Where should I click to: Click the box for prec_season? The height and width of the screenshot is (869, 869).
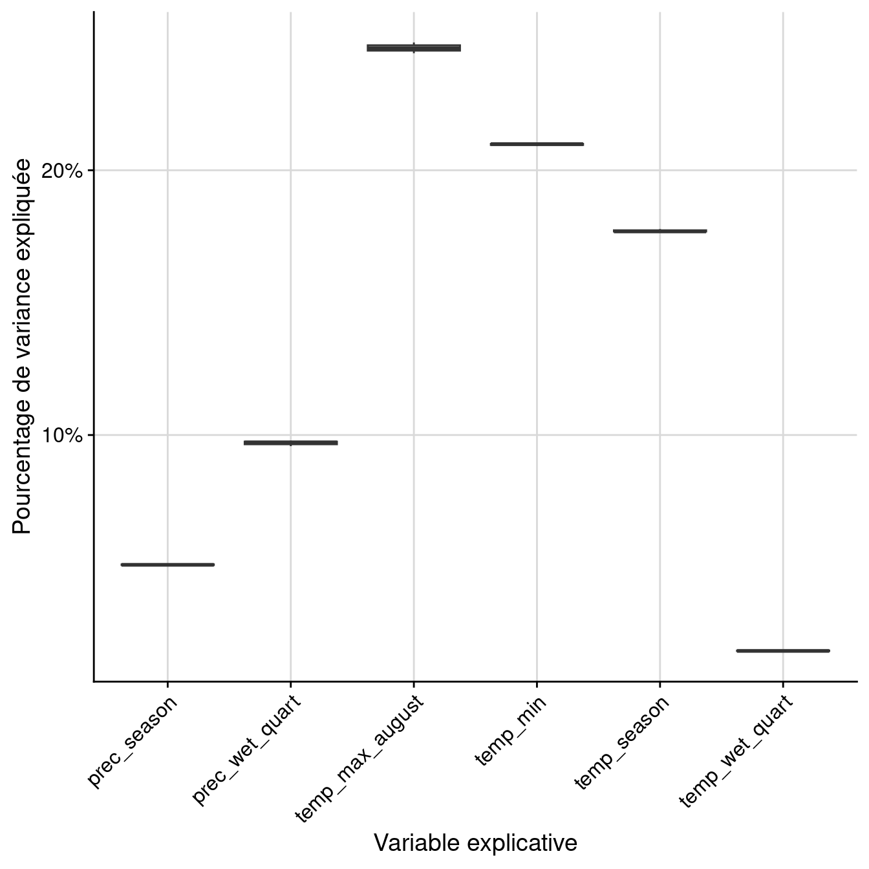coord(167,564)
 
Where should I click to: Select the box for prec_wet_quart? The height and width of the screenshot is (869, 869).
coord(290,443)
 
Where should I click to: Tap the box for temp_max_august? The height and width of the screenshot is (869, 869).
coord(414,48)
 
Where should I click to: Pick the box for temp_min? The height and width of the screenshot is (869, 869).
coord(537,144)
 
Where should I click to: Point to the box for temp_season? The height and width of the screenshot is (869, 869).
coord(660,231)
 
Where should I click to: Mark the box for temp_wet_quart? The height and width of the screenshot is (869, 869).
coord(783,650)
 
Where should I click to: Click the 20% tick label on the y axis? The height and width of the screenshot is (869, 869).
coord(63,171)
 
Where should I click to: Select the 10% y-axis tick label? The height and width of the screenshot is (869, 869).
coord(63,435)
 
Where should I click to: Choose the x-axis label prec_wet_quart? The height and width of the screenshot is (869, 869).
coord(246,751)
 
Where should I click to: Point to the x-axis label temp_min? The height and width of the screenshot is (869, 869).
coord(510,730)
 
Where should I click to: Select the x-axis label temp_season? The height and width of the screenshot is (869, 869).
coord(621,742)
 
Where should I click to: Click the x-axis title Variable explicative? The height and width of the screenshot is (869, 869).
coord(475,843)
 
